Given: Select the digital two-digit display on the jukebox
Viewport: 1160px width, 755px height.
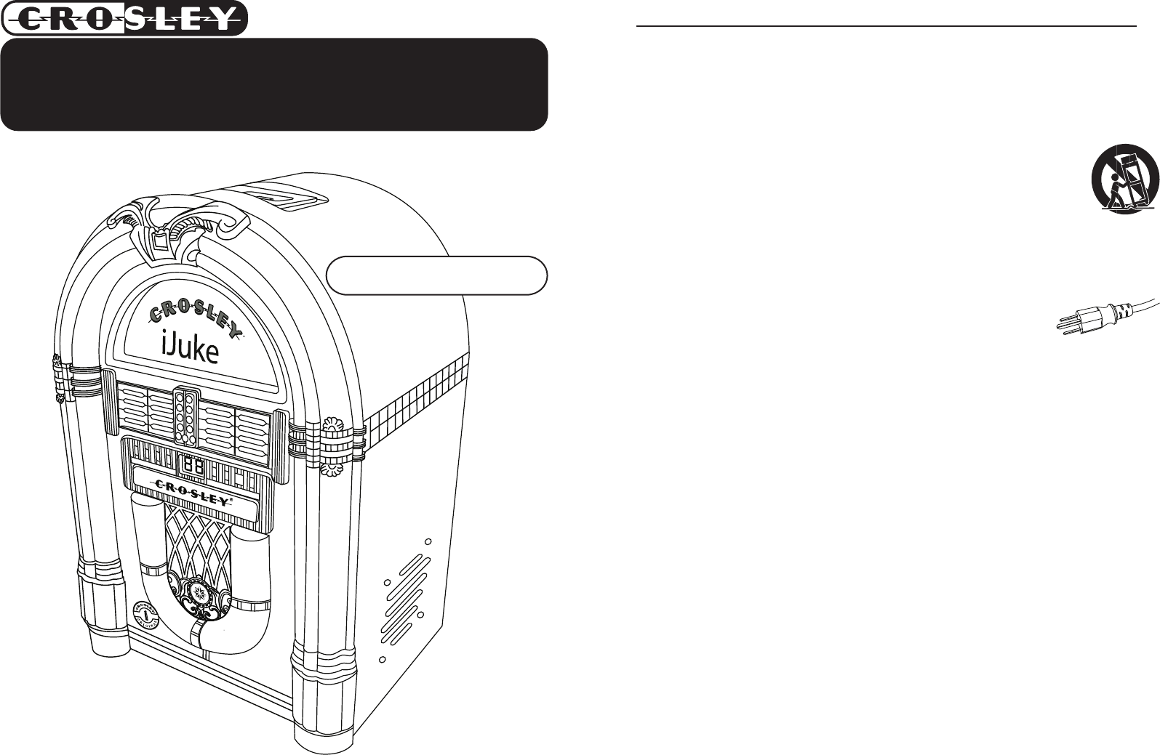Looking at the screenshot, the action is [192, 466].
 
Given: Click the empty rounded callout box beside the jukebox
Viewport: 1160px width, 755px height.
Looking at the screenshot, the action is [436, 275].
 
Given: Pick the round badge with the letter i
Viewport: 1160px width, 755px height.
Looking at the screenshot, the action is [147, 615].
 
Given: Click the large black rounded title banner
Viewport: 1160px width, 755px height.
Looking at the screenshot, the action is [273, 84].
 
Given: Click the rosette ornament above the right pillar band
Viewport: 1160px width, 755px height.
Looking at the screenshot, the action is [335, 424].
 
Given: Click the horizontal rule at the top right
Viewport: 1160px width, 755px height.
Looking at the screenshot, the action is [886, 26].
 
